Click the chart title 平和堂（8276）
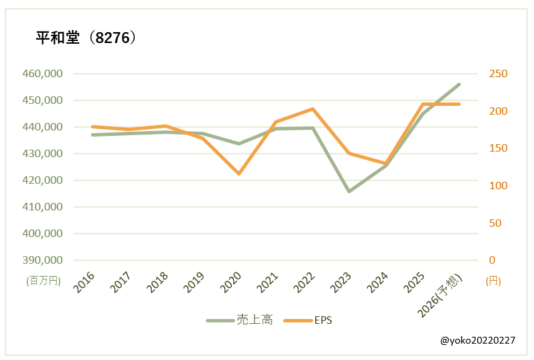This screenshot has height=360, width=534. (87, 38)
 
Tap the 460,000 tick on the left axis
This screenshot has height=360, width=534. (44, 74)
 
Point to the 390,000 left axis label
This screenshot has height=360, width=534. (44, 260)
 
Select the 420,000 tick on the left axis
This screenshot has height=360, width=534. (44, 180)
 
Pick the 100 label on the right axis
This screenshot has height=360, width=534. (496, 186)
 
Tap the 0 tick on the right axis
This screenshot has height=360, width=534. (492, 260)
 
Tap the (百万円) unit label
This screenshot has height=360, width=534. (44, 280)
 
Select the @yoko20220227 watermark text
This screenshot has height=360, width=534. (477, 340)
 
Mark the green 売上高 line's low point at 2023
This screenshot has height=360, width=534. (349, 191)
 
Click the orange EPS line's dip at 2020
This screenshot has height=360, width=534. (239, 174)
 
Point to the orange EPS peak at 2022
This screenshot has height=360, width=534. (312, 109)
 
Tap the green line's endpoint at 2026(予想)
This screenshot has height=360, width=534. (459, 84)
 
